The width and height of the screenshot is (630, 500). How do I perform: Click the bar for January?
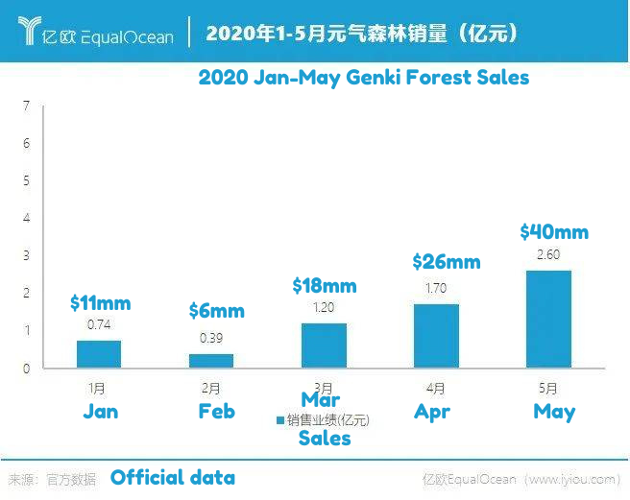pyautogui.click(x=99, y=354)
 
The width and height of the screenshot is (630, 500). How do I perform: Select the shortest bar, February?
pyautogui.click(x=211, y=361)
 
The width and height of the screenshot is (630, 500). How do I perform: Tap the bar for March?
pyautogui.click(x=324, y=345)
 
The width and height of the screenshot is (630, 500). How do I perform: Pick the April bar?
pyautogui.click(x=436, y=336)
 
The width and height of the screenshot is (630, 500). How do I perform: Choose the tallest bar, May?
pyautogui.click(x=548, y=320)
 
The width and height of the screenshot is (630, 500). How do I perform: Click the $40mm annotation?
pyautogui.click(x=553, y=232)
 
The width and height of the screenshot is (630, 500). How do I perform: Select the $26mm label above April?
pyautogui.click(x=446, y=261)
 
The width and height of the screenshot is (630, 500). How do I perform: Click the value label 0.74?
pyautogui.click(x=99, y=324)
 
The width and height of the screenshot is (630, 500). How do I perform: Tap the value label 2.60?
pyautogui.click(x=548, y=254)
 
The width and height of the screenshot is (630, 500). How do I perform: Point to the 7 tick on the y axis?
pyautogui.click(x=27, y=106)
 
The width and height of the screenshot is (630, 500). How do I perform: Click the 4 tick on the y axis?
pyautogui.click(x=27, y=218)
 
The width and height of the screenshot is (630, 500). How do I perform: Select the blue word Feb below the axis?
pyautogui.click(x=216, y=412)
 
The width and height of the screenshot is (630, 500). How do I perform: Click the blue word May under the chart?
pyautogui.click(x=554, y=412)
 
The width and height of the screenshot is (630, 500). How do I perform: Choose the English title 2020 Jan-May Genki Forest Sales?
pyautogui.click(x=363, y=77)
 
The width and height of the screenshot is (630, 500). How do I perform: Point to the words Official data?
pyautogui.click(x=172, y=477)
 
